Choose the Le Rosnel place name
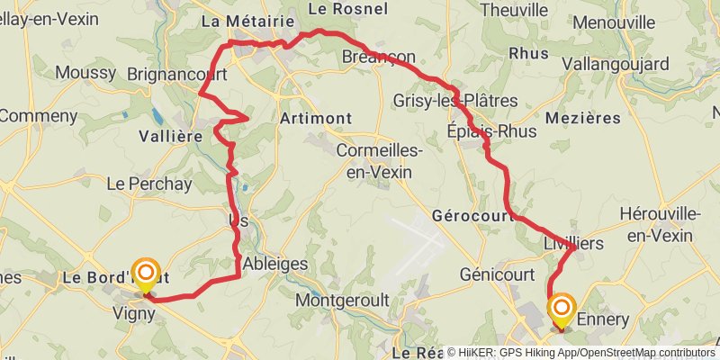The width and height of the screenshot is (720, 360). coord(347,8)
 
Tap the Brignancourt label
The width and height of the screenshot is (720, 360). coord(176,74)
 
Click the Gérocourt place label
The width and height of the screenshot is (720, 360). coord(471,216)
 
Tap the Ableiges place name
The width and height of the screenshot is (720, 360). coord(276,265)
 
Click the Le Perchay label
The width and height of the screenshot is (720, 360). coord(149,184)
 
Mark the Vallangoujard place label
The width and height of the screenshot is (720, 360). coord(621,64)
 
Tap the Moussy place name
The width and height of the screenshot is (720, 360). coord(85,72)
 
